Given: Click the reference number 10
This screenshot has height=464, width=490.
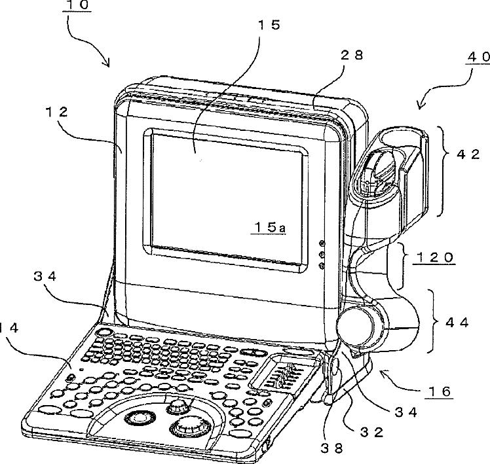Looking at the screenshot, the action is tap(78, 7).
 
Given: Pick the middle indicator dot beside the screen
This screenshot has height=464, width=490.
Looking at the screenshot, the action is tap(322, 255).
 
